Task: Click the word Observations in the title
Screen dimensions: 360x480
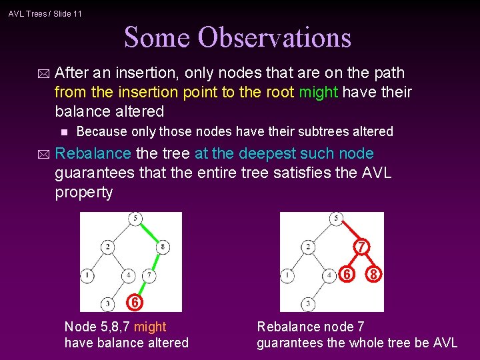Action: point(283,37)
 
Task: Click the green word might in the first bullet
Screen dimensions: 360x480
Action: point(319,92)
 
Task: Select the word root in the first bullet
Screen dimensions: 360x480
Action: point(281,92)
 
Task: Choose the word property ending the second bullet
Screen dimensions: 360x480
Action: point(84,193)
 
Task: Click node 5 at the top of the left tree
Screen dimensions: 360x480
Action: point(136,219)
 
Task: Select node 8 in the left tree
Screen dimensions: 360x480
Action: point(163,247)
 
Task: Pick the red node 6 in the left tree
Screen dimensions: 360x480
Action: point(135,303)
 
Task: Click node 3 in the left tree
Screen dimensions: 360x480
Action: point(108,304)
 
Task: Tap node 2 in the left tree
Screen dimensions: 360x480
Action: point(108,247)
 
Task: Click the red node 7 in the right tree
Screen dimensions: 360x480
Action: point(361,247)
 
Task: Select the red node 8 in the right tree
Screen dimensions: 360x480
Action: point(376,274)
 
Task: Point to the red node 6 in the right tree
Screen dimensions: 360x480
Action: point(347,274)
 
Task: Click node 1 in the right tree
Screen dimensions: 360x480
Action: point(287,275)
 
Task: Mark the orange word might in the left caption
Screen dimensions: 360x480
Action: point(150,327)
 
